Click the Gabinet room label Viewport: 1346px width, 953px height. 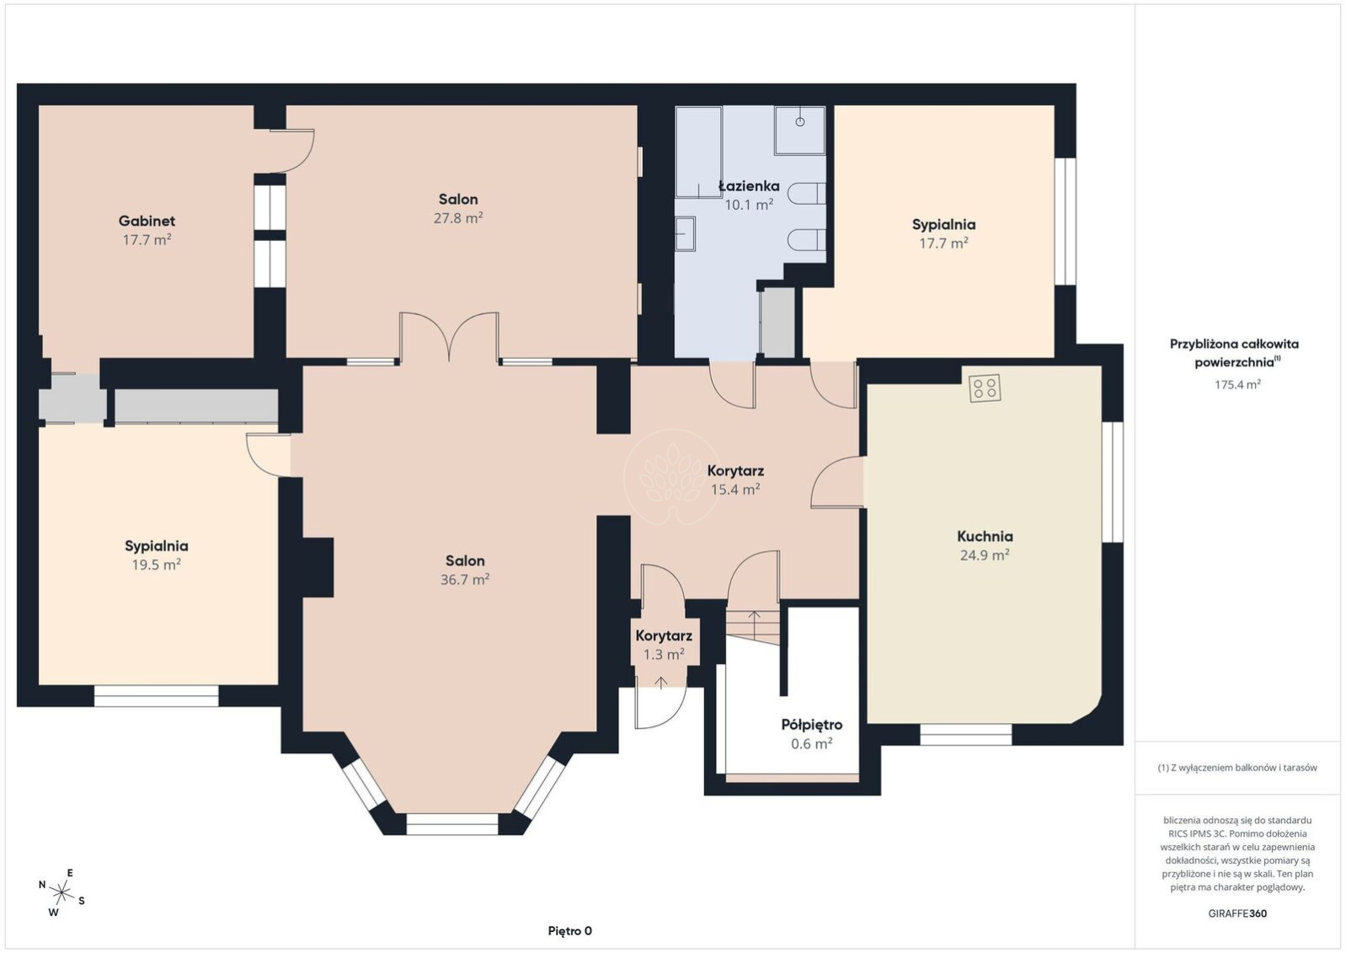pos(147,222)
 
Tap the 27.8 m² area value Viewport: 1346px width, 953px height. pos(458,217)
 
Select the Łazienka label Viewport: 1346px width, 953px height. pos(749,185)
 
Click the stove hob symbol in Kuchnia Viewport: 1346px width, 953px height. pos(985,388)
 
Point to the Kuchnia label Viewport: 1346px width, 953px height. pos(985,536)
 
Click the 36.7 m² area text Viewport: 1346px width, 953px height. pos(465,579)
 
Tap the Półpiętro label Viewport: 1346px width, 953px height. pos(812,725)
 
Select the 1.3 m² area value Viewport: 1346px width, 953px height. pos(664,654)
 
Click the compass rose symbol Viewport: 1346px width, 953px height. pos(61,892)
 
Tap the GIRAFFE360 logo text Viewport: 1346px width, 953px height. pos(1237,913)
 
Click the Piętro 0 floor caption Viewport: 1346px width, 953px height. pos(569,931)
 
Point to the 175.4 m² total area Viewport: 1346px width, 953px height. pos(1237,384)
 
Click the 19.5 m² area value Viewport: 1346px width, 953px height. pos(156,565)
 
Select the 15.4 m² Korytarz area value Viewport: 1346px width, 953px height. pos(735,489)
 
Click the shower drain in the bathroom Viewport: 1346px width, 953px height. pos(800,122)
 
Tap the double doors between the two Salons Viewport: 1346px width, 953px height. pos(449,337)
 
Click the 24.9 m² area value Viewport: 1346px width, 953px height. pos(985,554)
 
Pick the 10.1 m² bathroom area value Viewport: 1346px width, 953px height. pos(749,205)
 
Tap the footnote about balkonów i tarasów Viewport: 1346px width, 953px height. pos(1237,768)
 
